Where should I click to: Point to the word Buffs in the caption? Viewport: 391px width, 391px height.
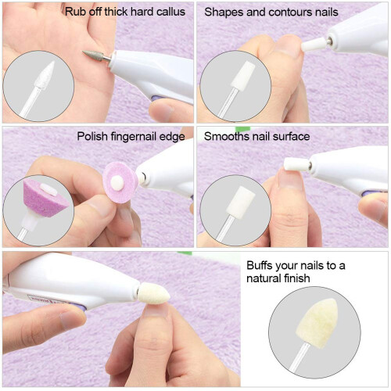[x=260, y=265]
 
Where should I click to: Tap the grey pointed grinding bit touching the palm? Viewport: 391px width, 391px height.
[x=93, y=56]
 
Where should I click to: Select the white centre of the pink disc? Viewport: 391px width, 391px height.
[x=117, y=181]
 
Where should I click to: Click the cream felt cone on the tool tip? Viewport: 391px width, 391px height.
[x=154, y=293]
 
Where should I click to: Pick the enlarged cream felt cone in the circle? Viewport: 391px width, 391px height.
[x=317, y=323]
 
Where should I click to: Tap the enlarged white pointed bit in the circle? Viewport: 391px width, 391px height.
[x=45, y=75]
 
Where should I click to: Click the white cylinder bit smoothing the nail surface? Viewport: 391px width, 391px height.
[x=296, y=164]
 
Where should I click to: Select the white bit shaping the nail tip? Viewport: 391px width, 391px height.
[x=314, y=45]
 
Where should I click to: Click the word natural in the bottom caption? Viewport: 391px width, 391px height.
[x=262, y=278]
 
